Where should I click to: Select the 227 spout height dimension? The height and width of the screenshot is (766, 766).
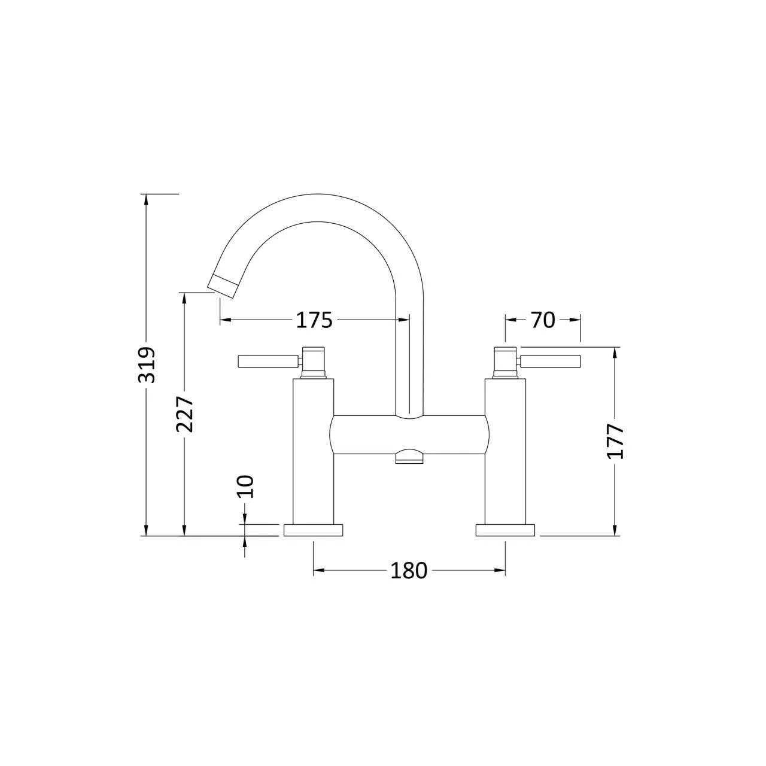point(185,414)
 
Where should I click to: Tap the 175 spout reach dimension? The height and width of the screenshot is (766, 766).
point(314,320)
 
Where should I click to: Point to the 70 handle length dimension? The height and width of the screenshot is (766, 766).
point(543,320)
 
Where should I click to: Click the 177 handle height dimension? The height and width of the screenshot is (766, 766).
point(616,442)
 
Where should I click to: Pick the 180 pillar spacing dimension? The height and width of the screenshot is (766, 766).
point(409,571)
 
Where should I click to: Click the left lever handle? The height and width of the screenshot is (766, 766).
point(268,361)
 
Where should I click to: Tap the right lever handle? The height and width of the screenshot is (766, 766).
point(550,361)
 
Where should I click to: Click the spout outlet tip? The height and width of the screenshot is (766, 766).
point(223,285)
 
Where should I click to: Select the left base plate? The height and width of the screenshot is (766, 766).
point(314,530)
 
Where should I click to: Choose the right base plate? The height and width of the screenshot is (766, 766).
point(505,530)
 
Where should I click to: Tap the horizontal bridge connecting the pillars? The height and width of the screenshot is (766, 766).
point(409,434)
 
